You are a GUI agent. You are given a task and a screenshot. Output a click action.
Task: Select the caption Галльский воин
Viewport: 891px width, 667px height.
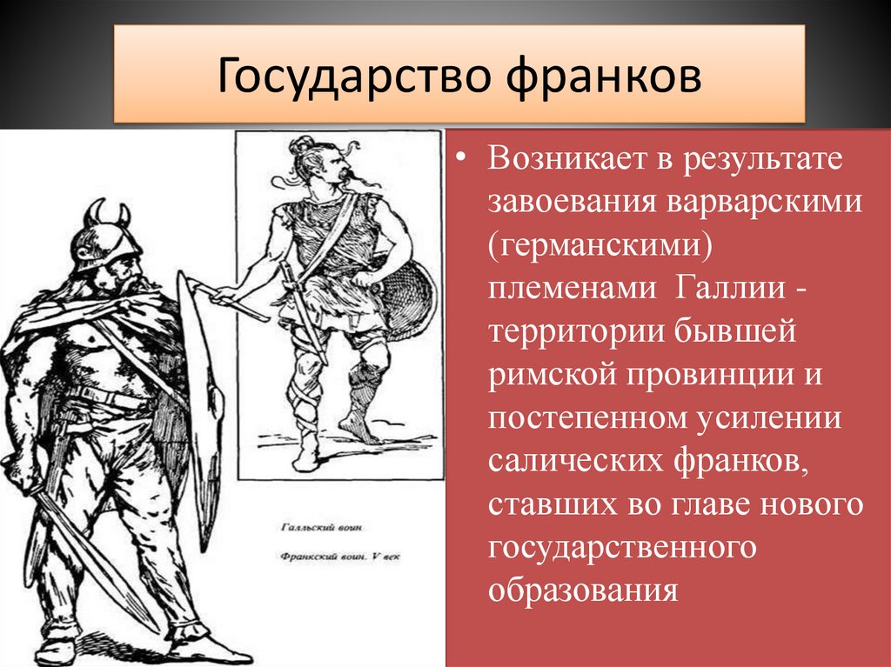click(322, 527)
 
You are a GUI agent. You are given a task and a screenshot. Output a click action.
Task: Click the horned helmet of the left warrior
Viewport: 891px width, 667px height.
click(106, 233)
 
